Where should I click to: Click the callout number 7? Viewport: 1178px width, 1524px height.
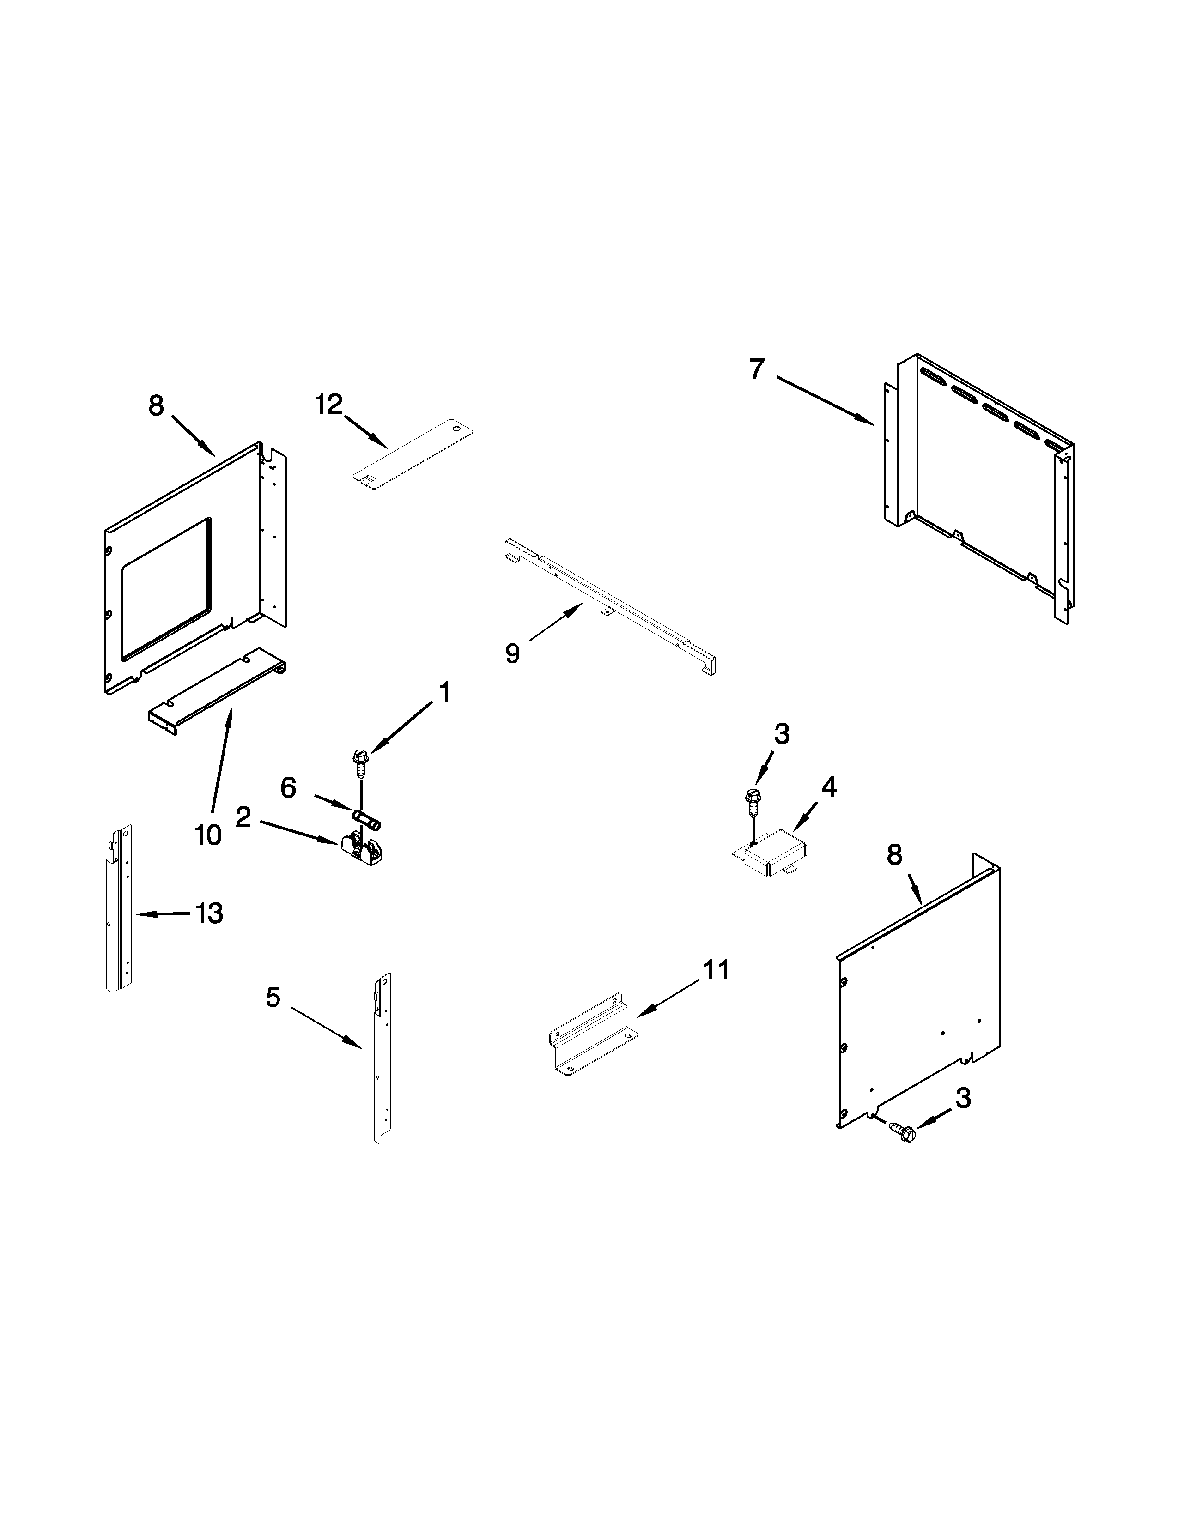pyautogui.click(x=757, y=369)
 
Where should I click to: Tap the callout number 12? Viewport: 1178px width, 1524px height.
pyautogui.click(x=329, y=405)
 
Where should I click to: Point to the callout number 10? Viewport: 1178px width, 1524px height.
pyautogui.click(x=208, y=835)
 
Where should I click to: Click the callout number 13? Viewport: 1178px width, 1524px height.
pyautogui.click(x=209, y=913)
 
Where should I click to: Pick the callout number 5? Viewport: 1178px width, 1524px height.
pyautogui.click(x=273, y=998)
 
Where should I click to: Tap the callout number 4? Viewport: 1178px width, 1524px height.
pyautogui.click(x=828, y=787)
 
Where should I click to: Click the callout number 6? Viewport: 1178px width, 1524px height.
pyautogui.click(x=288, y=788)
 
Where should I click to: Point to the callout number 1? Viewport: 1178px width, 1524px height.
pyautogui.click(x=444, y=693)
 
